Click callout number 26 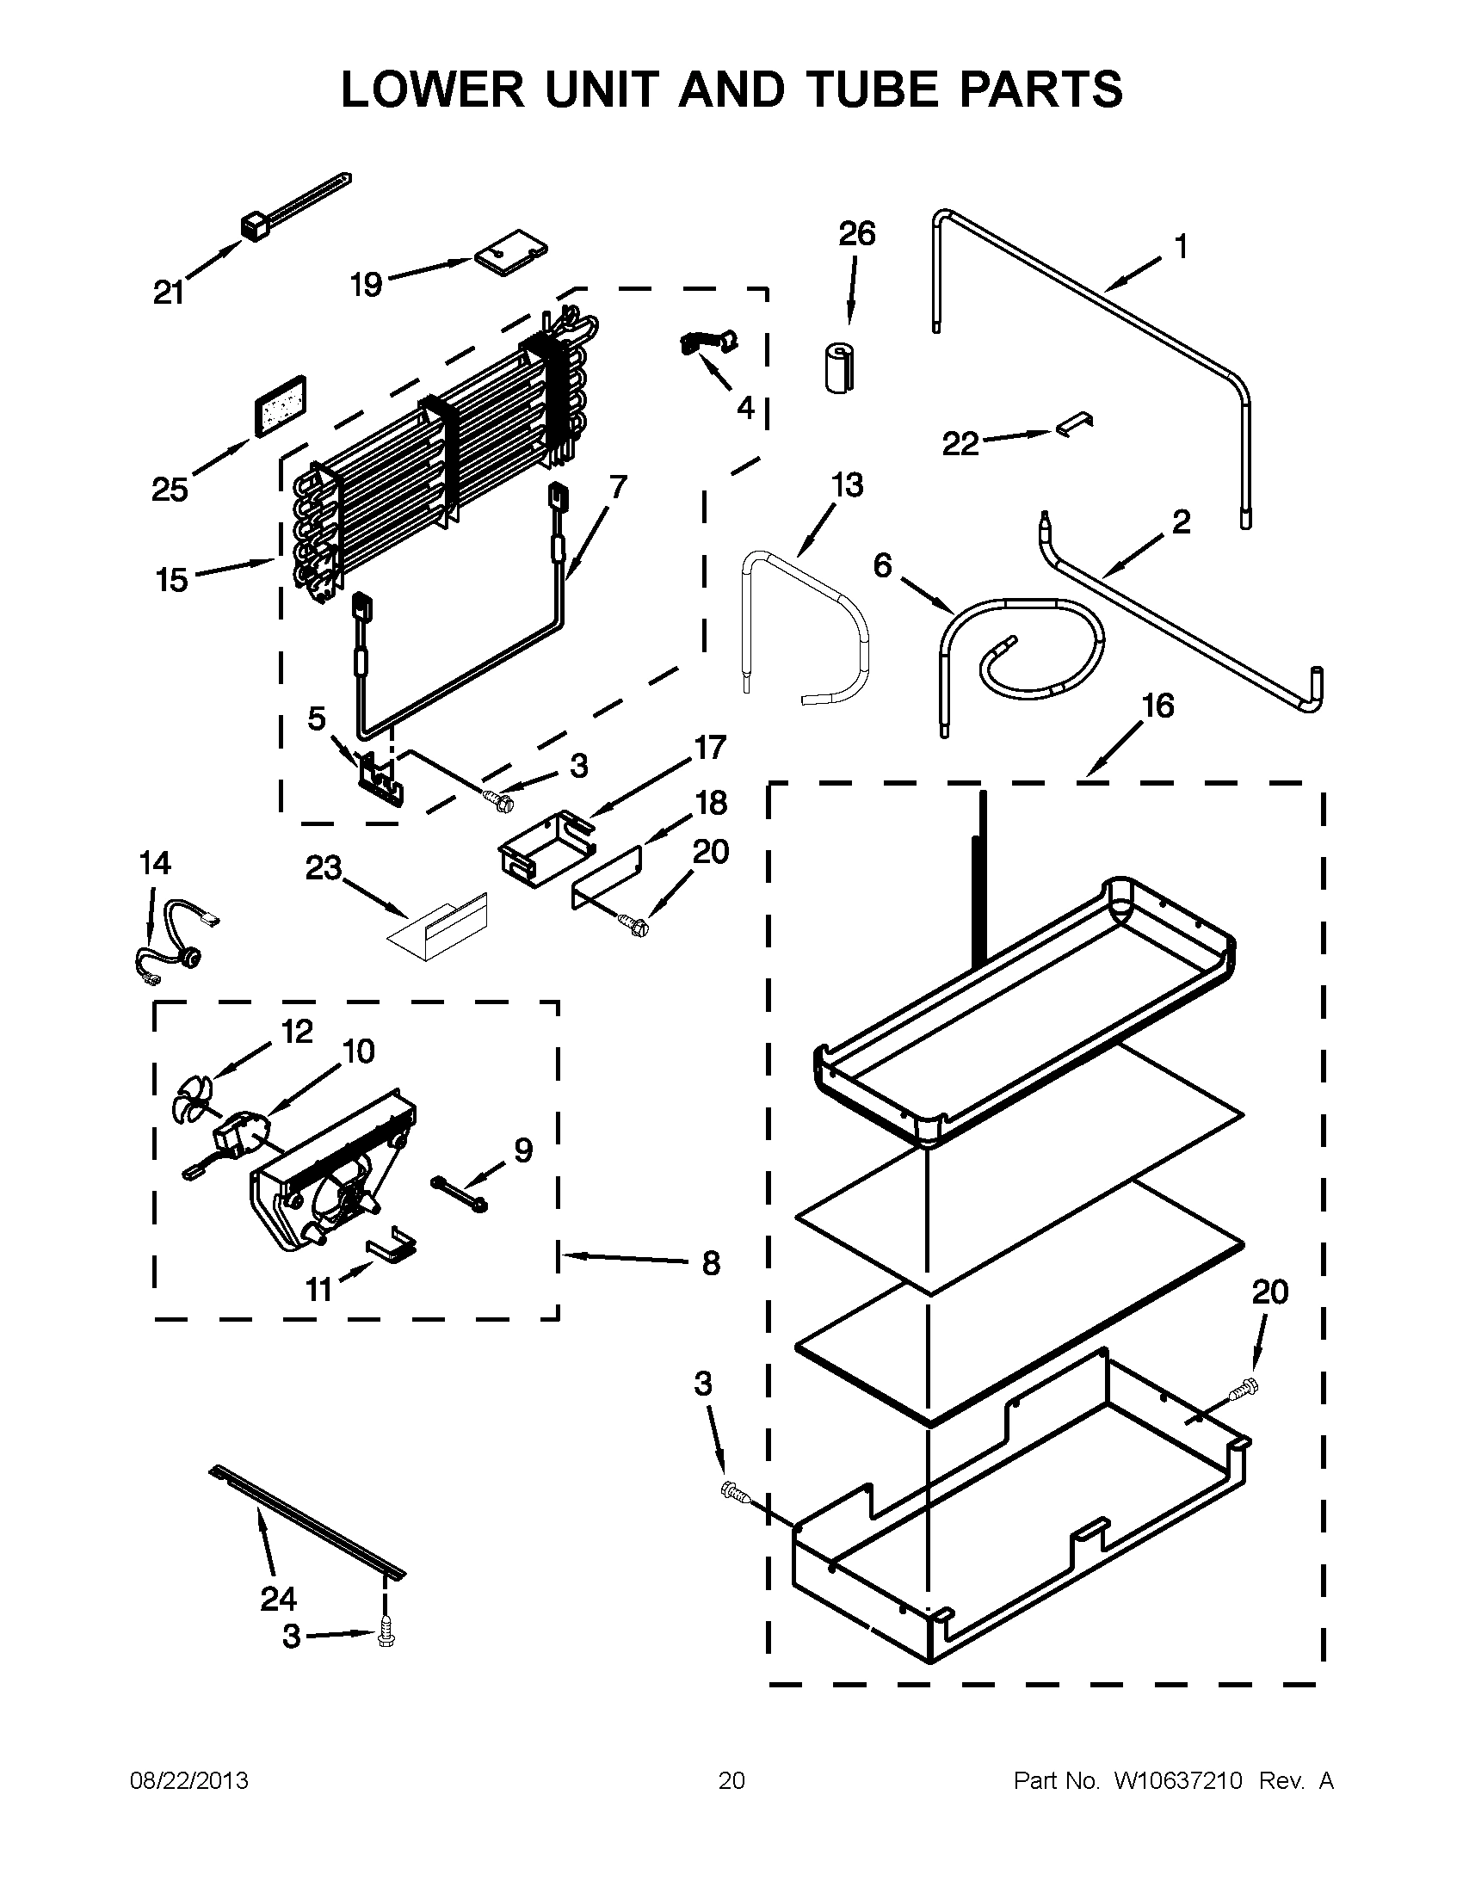(x=856, y=234)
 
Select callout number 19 (x=366, y=284)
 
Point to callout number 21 (x=169, y=293)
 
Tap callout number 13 (x=847, y=485)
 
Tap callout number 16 (x=1157, y=706)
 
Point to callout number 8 (x=711, y=1264)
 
